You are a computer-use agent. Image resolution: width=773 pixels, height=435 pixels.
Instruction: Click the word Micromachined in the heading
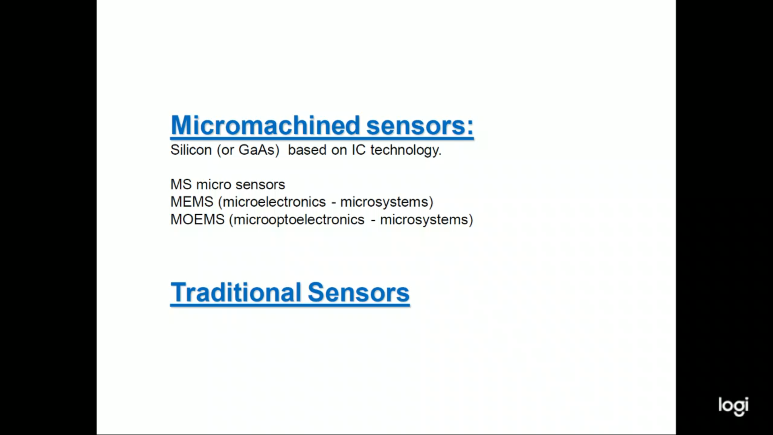point(265,125)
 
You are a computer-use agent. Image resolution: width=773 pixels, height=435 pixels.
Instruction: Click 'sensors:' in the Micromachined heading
point(420,126)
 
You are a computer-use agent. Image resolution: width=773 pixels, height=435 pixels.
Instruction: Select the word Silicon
point(191,150)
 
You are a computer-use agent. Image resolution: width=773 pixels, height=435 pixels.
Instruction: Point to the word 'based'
point(307,150)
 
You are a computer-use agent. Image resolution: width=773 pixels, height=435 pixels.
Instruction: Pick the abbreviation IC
point(359,150)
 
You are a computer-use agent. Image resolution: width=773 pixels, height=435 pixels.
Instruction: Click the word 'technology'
point(404,150)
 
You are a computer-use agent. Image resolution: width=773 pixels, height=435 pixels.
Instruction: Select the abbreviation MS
point(181,184)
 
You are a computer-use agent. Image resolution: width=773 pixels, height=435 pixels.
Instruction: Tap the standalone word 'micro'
point(213,184)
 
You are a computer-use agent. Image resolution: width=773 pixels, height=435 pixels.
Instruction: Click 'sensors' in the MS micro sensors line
point(260,185)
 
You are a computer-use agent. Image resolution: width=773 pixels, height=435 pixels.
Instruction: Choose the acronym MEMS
point(192,202)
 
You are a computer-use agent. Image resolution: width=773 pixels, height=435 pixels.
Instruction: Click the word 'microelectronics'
point(274,202)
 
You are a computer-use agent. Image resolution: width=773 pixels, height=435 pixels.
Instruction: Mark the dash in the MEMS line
point(333,203)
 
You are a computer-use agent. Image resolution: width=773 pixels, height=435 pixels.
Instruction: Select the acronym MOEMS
point(197,220)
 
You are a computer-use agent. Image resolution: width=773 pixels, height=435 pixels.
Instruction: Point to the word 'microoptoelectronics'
point(299,220)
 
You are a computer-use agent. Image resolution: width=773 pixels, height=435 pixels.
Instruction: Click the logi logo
point(734,406)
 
